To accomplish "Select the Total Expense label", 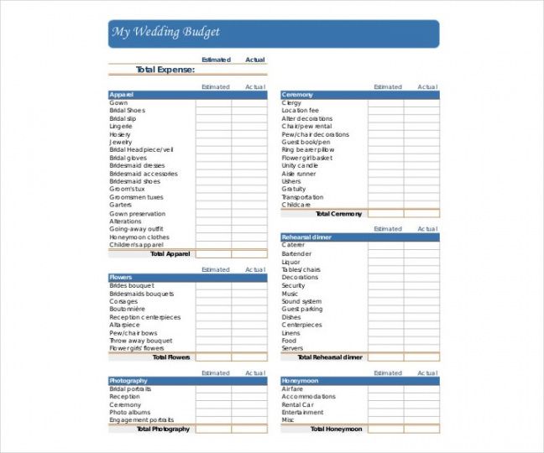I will [165, 70].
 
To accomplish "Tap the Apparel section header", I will [122, 95].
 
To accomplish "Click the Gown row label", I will [118, 103].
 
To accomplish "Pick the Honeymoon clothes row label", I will [139, 237].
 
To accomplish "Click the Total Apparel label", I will [170, 253].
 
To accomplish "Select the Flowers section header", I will [121, 278].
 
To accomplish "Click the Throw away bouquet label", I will [141, 341].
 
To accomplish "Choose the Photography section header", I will [128, 381].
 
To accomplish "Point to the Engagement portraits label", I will [142, 420].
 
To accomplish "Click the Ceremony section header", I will [297, 95].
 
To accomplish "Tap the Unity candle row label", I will [300, 166].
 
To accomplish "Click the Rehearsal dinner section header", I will [306, 237].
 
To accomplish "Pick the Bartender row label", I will [296, 253].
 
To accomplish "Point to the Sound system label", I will [301, 301].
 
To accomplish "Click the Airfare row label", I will [292, 389].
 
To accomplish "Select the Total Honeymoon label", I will [335, 430].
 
